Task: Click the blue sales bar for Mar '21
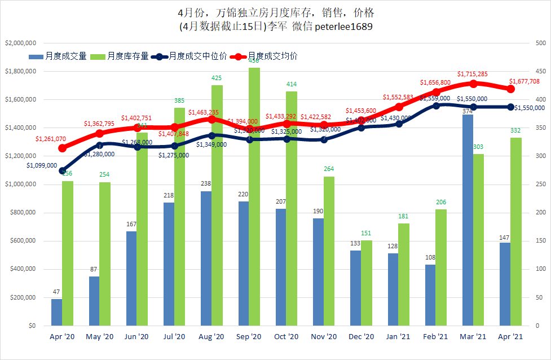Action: pyautogui.click(x=468, y=220)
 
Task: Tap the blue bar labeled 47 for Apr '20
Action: pyautogui.click(x=56, y=312)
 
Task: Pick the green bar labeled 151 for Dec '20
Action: pyautogui.click(x=366, y=283)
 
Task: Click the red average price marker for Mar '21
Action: pyautogui.click(x=473, y=84)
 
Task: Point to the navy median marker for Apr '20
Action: pyautogui.click(x=62, y=170)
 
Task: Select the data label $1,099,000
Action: pyautogui.click(x=41, y=165)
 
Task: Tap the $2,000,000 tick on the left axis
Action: pyautogui.click(x=21, y=43)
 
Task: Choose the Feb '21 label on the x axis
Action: pyautogui.click(x=435, y=336)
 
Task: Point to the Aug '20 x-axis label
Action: pyautogui.click(x=212, y=336)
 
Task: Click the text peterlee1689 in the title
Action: pyautogui.click(x=343, y=26)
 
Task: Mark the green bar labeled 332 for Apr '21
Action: pyautogui.click(x=515, y=231)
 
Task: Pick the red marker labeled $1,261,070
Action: pyautogui.click(x=62, y=148)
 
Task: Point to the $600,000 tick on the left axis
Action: pyautogui.click(x=21, y=241)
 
